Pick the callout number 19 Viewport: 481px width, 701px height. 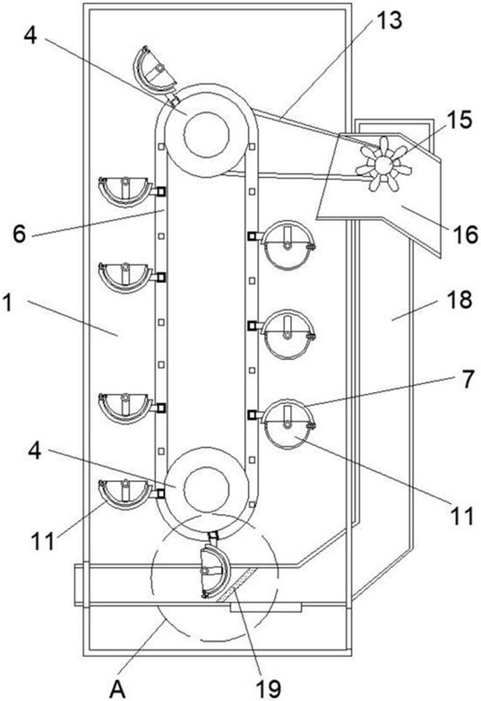[265, 687]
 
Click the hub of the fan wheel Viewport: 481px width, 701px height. [381, 164]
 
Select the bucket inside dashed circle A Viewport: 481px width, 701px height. [214, 572]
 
